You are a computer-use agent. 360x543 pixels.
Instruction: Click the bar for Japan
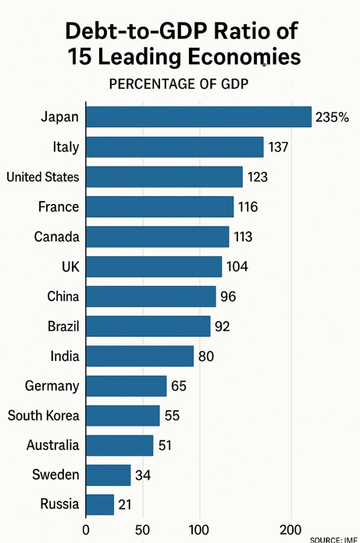(x=198, y=117)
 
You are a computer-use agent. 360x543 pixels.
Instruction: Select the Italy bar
(x=175, y=147)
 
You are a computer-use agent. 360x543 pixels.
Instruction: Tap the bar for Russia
(x=100, y=505)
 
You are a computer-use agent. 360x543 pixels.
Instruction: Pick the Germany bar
(x=127, y=386)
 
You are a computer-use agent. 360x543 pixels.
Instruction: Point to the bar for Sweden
(x=109, y=475)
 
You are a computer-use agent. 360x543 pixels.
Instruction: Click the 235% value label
(x=333, y=117)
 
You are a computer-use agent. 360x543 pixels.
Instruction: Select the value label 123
(x=258, y=177)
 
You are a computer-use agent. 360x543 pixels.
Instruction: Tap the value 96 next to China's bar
(x=228, y=296)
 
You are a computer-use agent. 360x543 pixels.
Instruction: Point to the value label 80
(x=206, y=356)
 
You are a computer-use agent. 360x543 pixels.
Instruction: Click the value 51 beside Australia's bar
(x=165, y=445)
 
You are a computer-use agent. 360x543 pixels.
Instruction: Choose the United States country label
(x=43, y=177)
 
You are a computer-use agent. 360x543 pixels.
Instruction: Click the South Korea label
(x=43, y=416)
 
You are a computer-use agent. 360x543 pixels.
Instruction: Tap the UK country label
(x=70, y=266)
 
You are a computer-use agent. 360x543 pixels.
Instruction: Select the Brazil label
(x=63, y=327)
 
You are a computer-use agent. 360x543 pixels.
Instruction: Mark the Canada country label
(x=57, y=237)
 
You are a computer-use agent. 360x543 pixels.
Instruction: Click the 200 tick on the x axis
(x=290, y=530)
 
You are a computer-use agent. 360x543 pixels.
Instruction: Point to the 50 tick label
(x=142, y=530)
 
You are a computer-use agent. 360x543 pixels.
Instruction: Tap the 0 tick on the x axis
(x=86, y=530)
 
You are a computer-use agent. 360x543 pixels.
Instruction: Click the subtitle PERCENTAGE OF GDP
(x=179, y=84)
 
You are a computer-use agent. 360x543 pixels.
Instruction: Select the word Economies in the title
(x=244, y=56)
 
